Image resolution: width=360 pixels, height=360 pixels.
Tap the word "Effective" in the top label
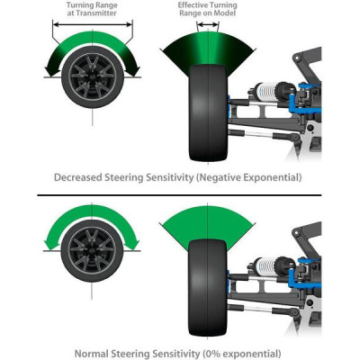click(x=193, y=5)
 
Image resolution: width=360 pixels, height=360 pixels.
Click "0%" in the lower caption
click(x=211, y=353)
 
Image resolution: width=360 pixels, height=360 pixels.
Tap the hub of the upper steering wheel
click(x=93, y=76)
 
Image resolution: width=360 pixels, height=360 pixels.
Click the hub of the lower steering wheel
click(x=92, y=250)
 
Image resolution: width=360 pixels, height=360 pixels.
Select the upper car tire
click(x=208, y=112)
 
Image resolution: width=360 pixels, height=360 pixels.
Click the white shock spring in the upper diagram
click(x=266, y=90)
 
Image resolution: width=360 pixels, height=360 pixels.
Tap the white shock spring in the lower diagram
click(x=266, y=265)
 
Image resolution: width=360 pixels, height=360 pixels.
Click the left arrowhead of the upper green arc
click(x=50, y=69)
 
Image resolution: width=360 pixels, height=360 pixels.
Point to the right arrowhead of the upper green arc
click(x=134, y=69)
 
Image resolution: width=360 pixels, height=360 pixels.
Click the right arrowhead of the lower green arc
click(x=134, y=243)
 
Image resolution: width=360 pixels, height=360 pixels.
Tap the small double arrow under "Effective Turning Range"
click(x=208, y=24)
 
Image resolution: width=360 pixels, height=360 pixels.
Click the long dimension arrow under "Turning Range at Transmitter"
click(x=93, y=24)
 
